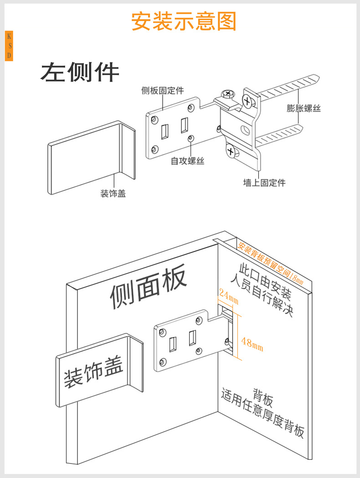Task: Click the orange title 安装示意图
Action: click(184, 21)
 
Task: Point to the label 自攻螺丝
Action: click(187, 161)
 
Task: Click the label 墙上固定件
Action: click(264, 183)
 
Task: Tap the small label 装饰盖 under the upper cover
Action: click(113, 194)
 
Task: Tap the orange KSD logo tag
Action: click(9, 46)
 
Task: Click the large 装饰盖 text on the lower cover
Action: click(94, 371)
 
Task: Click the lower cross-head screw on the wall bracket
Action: click(231, 151)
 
